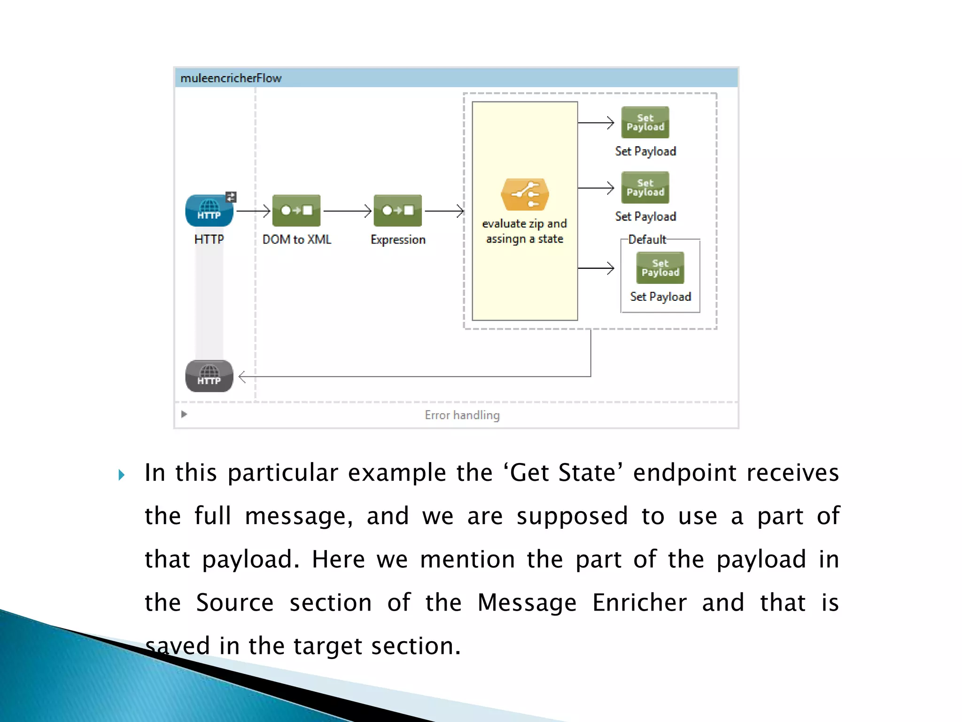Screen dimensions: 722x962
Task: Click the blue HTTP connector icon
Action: [209, 211]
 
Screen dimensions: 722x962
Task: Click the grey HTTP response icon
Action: [209, 376]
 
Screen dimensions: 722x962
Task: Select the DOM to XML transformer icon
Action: [296, 211]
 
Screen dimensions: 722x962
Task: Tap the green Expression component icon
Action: [398, 211]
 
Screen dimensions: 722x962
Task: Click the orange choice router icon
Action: [525, 195]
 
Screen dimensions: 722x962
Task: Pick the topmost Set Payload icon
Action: [645, 122]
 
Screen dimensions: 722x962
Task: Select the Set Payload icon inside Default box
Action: [660, 268]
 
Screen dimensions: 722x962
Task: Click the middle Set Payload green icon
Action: [645, 188]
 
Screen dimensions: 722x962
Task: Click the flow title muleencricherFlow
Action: [231, 78]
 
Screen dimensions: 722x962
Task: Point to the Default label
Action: [647, 240]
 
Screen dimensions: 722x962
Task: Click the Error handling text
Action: [462, 415]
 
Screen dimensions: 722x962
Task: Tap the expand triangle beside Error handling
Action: [184, 414]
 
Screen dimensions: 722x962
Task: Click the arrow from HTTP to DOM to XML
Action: [253, 211]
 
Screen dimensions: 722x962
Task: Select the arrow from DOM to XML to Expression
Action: [347, 211]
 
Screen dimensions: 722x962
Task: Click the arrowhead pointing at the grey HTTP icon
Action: [242, 377]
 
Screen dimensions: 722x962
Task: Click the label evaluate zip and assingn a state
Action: [524, 231]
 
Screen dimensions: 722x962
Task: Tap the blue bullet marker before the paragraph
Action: [122, 475]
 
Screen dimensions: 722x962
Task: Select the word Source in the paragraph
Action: [234, 603]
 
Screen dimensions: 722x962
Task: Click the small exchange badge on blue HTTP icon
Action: [231, 197]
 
